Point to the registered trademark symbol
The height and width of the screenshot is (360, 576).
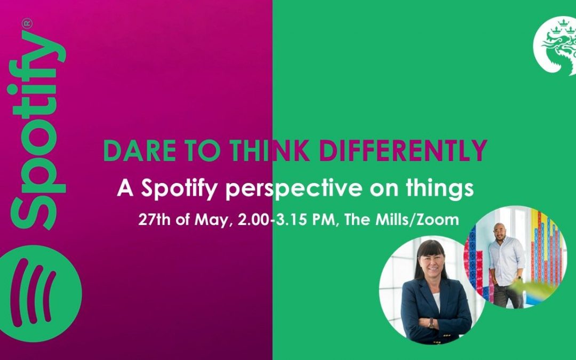point(27,23)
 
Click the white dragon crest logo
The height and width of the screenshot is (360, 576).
point(555,46)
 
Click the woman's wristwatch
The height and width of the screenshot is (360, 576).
point(431,323)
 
